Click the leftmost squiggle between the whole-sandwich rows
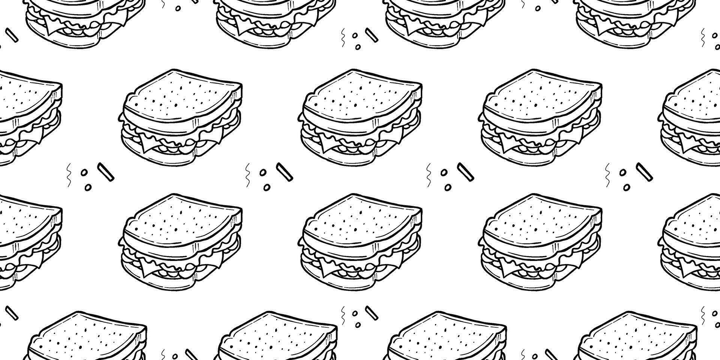(69, 175)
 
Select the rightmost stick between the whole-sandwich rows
(644, 172)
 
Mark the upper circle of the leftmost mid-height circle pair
(84, 172)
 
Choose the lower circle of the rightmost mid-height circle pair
(627, 187)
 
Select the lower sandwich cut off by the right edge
(692, 242)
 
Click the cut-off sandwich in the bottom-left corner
(86, 337)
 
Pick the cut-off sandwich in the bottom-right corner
(637, 337)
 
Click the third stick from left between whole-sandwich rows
(465, 172)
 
